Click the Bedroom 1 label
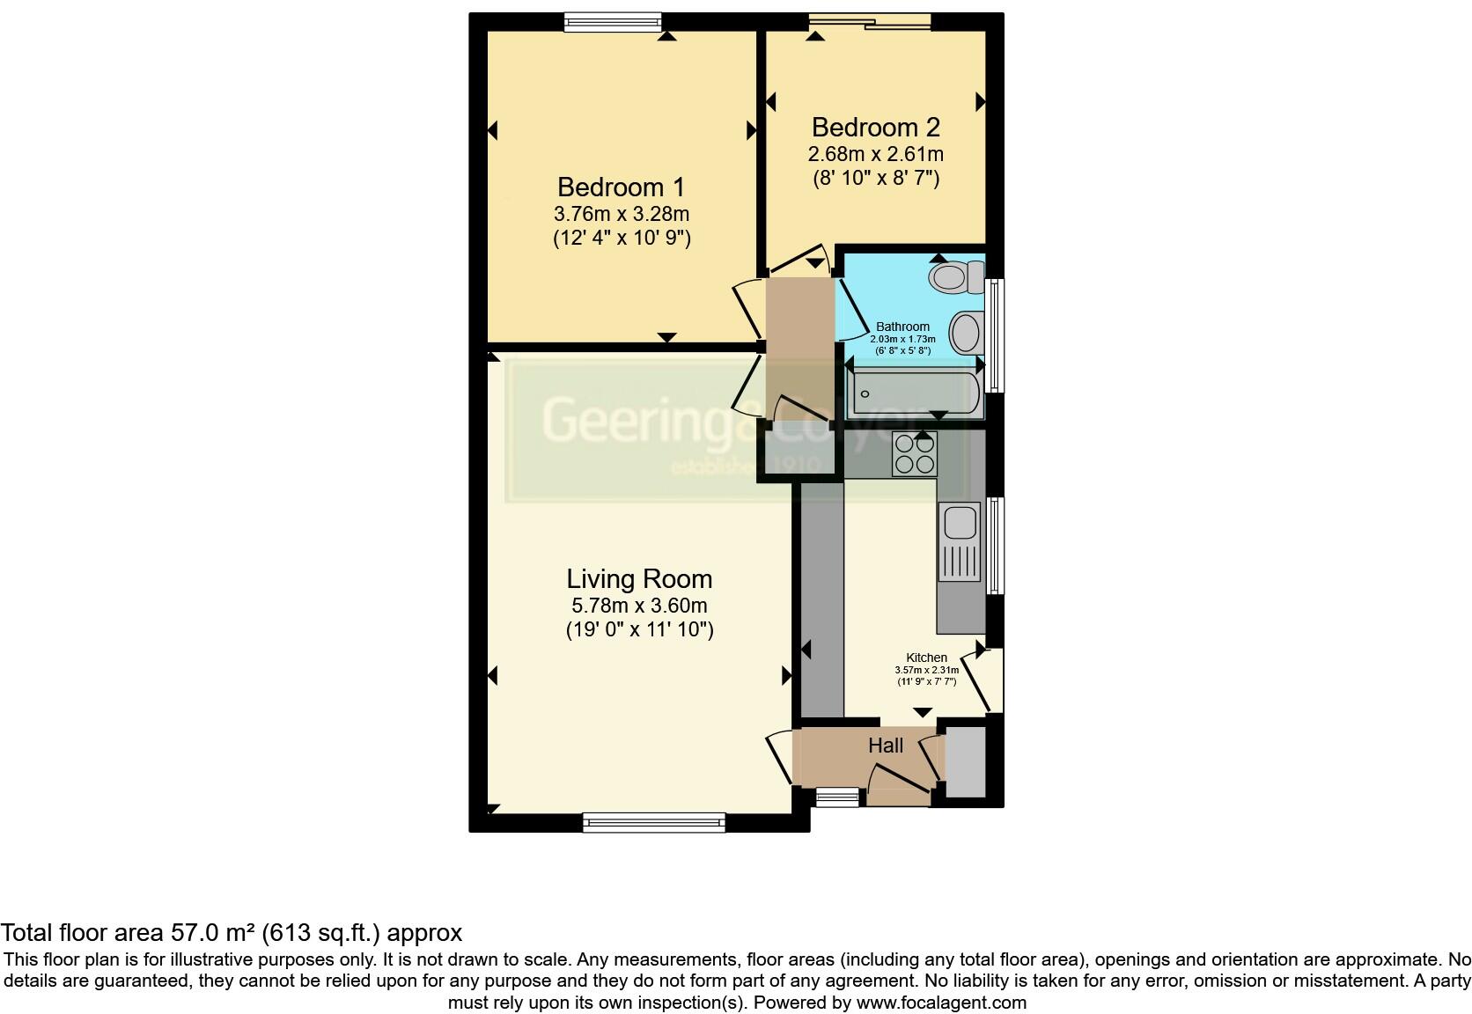pos(621,187)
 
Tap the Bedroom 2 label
pos(875,128)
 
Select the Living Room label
pos(639,579)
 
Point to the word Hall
pos(886,746)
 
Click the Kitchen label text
pos(926,658)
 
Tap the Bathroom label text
pos(902,327)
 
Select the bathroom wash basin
pos(966,333)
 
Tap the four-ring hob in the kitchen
pos(914,454)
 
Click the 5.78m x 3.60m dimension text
pos(639,606)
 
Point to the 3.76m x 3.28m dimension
pos(621,214)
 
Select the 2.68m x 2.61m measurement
pos(875,154)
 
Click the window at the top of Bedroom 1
pos(613,22)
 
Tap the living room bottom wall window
pos(653,823)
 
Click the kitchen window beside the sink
pos(995,545)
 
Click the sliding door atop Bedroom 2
pos(870,22)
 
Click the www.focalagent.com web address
pos(941,1003)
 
